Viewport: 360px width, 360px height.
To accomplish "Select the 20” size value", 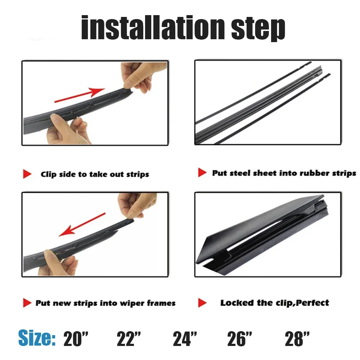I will click(76, 339).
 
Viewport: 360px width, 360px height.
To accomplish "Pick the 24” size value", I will click(185, 339).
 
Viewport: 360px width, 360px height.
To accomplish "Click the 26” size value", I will click(240, 339).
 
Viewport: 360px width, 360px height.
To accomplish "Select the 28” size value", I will click(297, 339).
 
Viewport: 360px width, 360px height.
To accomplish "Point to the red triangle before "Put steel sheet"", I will click(202, 173).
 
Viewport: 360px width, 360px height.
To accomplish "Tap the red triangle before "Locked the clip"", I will click(202, 303).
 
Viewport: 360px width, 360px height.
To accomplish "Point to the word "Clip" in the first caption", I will click(48, 175).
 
